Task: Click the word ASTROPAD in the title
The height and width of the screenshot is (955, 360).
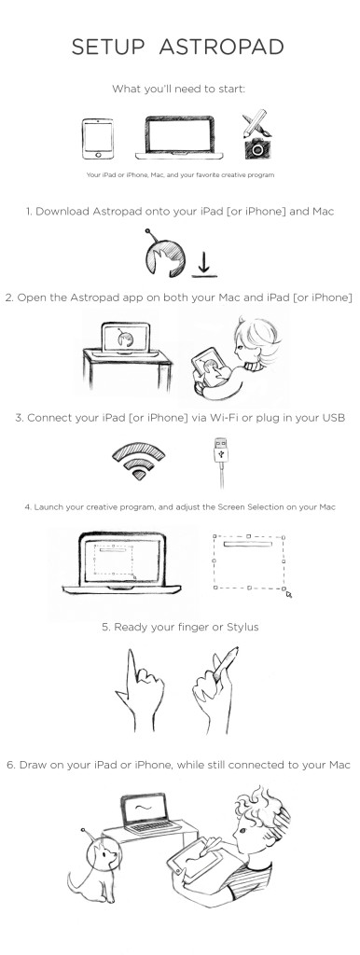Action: click(x=221, y=47)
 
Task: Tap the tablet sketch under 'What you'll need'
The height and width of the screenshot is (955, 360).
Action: click(x=98, y=138)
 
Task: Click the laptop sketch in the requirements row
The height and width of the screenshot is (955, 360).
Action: click(x=179, y=138)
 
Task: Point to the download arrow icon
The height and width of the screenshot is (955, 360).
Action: click(x=204, y=265)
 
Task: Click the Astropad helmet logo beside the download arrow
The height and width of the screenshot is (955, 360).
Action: click(x=164, y=254)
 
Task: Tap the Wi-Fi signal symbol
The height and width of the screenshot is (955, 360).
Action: click(x=139, y=461)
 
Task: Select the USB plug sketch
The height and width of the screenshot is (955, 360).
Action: click(x=221, y=462)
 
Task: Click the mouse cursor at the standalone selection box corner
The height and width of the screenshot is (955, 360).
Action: click(x=288, y=593)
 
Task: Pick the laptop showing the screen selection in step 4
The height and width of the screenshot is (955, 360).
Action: click(x=122, y=562)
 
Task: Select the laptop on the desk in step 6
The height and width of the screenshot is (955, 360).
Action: click(x=147, y=814)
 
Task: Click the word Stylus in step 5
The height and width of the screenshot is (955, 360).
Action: click(x=242, y=627)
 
